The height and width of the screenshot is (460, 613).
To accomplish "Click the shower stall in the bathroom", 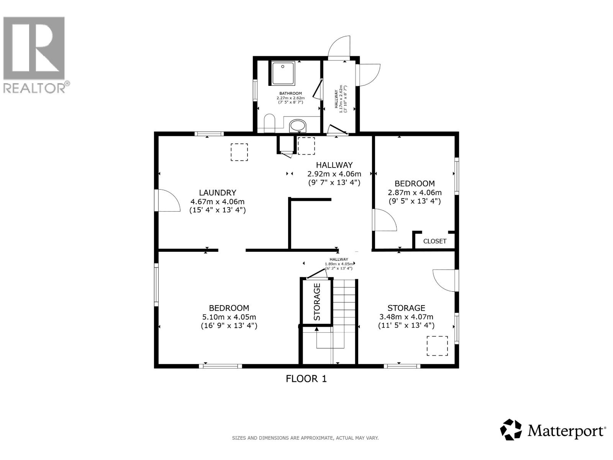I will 283,73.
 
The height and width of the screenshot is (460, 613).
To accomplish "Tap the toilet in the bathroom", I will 270,123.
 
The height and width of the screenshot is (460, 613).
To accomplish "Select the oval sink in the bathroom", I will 298,126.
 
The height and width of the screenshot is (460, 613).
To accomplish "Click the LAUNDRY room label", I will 217,193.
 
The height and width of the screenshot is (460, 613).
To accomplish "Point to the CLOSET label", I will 435,241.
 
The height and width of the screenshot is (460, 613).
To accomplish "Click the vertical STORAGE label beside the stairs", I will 317,302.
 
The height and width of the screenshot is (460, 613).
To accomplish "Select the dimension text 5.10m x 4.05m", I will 229,317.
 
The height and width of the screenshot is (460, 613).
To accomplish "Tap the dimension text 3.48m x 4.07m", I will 406,317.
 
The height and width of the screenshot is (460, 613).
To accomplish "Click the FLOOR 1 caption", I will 306,379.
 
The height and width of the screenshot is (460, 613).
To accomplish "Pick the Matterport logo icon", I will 511,430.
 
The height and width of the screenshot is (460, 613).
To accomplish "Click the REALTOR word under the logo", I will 34,88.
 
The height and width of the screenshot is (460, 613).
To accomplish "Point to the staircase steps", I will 344,303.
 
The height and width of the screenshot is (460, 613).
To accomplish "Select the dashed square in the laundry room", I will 239,152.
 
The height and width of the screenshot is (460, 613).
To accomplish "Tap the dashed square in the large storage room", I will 437,346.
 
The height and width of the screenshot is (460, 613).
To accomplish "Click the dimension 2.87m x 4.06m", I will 415,193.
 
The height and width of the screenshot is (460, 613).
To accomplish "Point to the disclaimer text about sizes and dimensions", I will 305,438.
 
